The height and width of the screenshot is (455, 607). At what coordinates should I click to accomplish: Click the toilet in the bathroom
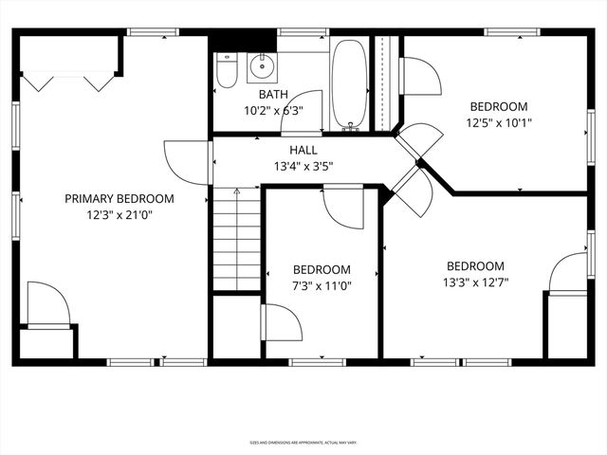click(x=226, y=70)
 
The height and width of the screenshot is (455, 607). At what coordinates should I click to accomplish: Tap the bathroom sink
click(x=260, y=66)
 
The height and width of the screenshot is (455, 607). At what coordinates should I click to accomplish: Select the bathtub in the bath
click(x=349, y=82)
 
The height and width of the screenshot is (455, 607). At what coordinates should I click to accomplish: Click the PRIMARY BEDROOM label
click(x=120, y=199)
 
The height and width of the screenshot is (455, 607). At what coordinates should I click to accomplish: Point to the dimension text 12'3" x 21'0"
click(x=120, y=215)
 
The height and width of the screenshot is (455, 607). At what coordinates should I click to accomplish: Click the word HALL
click(x=303, y=151)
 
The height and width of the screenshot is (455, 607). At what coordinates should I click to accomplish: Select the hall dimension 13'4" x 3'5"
click(x=303, y=167)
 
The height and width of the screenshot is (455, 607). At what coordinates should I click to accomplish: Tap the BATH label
click(x=274, y=96)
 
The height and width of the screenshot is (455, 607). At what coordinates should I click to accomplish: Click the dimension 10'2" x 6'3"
click(x=274, y=111)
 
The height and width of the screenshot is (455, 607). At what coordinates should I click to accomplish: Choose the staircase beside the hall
click(x=236, y=239)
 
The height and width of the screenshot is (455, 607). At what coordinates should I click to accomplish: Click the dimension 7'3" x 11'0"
click(x=322, y=285)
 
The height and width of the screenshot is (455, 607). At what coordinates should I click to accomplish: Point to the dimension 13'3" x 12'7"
click(x=475, y=282)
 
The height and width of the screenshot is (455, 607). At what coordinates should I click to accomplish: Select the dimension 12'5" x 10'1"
click(x=498, y=122)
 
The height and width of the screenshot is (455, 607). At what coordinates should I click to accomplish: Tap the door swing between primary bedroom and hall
click(x=186, y=162)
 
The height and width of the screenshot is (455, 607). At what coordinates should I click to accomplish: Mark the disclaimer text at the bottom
click(x=303, y=442)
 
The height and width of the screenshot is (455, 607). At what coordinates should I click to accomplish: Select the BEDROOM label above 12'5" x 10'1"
click(x=498, y=107)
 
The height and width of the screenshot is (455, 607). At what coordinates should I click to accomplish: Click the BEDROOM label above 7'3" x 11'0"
click(x=322, y=270)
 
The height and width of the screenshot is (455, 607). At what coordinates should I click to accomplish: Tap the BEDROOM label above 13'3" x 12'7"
click(x=475, y=266)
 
